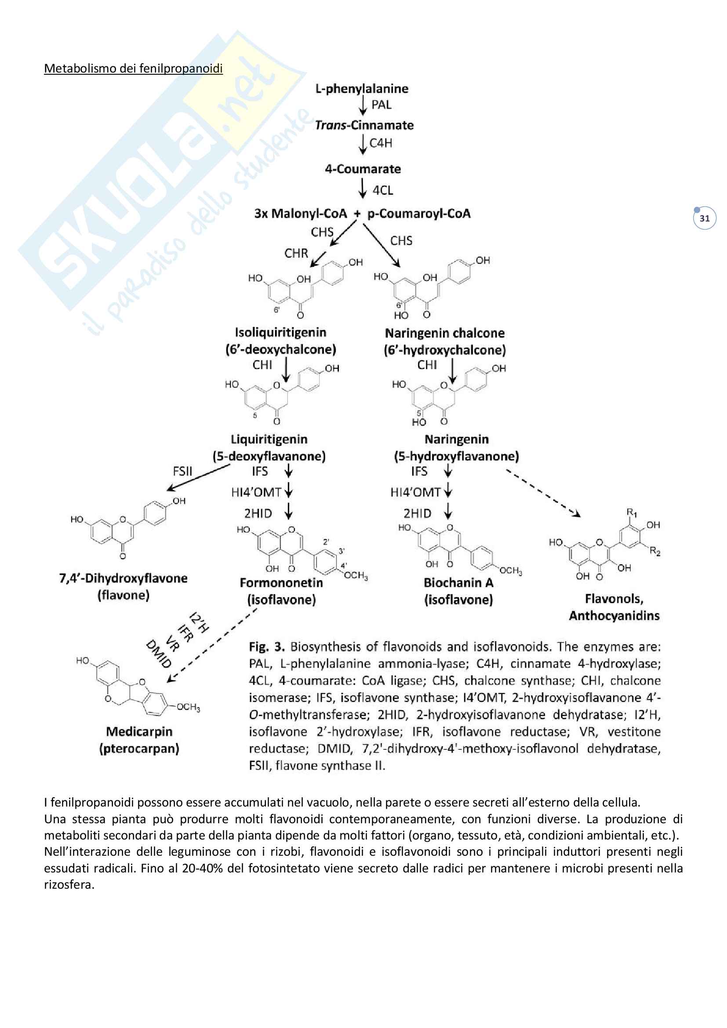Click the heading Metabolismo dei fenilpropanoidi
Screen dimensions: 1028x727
pyautogui.click(x=133, y=69)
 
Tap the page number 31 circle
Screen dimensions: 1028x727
pyautogui.click(x=704, y=218)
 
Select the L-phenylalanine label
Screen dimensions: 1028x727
pyautogui.click(x=362, y=89)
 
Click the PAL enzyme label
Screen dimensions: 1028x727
pyautogui.click(x=381, y=105)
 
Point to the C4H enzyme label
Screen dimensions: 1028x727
pyautogui.click(x=381, y=143)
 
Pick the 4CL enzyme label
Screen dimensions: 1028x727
pyautogui.click(x=383, y=191)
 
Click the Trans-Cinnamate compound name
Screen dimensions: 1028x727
pyautogui.click(x=364, y=125)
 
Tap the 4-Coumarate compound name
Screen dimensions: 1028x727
pyautogui.click(x=363, y=169)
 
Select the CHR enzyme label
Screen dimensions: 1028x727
pyautogui.click(x=296, y=254)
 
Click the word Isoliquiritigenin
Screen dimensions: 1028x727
pyautogui.click(x=280, y=333)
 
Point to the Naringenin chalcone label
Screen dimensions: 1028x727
pyautogui.click(x=444, y=334)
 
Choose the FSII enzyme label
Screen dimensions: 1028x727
pyautogui.click(x=182, y=471)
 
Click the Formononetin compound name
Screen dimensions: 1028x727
pyautogui.click(x=281, y=583)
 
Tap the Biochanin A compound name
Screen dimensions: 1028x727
pyautogui.click(x=458, y=583)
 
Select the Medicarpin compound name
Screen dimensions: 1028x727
pyautogui.click(x=139, y=732)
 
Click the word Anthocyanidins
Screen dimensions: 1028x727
pyautogui.click(x=614, y=616)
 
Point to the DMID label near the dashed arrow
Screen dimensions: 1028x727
pyautogui.click(x=159, y=654)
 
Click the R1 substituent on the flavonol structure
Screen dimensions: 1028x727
pyautogui.click(x=631, y=512)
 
